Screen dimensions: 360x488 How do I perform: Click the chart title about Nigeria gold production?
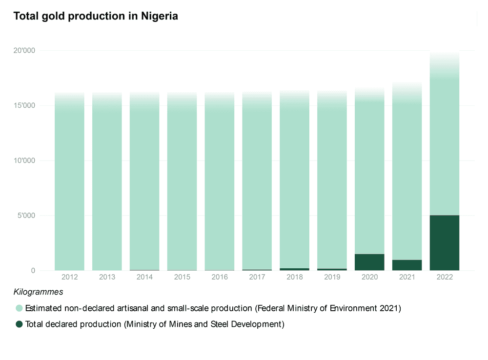96,16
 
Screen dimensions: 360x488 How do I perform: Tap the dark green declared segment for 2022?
445,242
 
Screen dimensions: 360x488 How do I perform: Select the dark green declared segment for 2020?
369,262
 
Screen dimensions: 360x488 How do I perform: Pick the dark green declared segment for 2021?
407,265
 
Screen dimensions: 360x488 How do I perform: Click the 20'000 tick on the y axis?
24,51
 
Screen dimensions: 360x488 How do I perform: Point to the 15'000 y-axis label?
24,106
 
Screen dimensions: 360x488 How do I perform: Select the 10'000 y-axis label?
24,161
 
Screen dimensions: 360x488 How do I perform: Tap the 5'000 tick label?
26,216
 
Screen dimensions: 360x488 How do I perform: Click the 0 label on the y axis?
33,271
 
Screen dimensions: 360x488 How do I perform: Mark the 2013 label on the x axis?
107,277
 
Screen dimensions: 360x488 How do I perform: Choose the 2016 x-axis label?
220,277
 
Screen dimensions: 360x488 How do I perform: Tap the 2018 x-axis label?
295,277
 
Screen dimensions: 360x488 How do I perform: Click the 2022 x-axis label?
445,277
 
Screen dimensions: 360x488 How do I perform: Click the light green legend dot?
19,308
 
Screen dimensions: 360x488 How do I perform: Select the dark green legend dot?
19,324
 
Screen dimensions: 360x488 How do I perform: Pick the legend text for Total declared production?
154,324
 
